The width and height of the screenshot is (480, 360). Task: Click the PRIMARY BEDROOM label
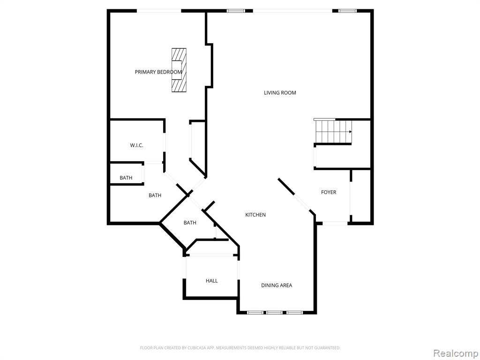pyautogui.click(x=158, y=72)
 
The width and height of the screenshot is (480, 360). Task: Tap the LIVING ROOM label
pyautogui.click(x=280, y=93)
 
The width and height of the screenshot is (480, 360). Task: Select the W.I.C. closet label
pyautogui.click(x=136, y=145)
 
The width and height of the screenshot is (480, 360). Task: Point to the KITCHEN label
pyautogui.click(x=255, y=215)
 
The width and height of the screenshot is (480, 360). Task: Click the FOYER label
pyautogui.click(x=329, y=192)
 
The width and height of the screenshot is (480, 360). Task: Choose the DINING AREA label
pyautogui.click(x=277, y=285)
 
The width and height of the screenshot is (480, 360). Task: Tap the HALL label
pyautogui.click(x=211, y=281)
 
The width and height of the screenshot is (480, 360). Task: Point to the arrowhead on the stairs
pyautogui.click(x=350, y=132)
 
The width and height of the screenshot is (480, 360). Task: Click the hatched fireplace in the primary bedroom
pyautogui.click(x=179, y=70)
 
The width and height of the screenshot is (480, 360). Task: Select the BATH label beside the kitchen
pyautogui.click(x=190, y=223)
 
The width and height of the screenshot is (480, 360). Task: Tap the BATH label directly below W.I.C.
pyautogui.click(x=126, y=178)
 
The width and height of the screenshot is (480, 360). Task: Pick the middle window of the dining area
pyautogui.click(x=274, y=313)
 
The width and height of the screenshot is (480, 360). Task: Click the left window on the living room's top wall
pyautogui.click(x=236, y=11)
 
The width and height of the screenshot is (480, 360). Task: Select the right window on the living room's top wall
pyautogui.click(x=348, y=11)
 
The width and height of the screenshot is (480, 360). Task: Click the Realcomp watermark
pyautogui.click(x=455, y=353)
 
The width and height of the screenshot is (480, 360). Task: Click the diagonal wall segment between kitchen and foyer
pyautogui.click(x=286, y=187)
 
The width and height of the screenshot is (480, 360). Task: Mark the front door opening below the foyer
pyautogui.click(x=335, y=223)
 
